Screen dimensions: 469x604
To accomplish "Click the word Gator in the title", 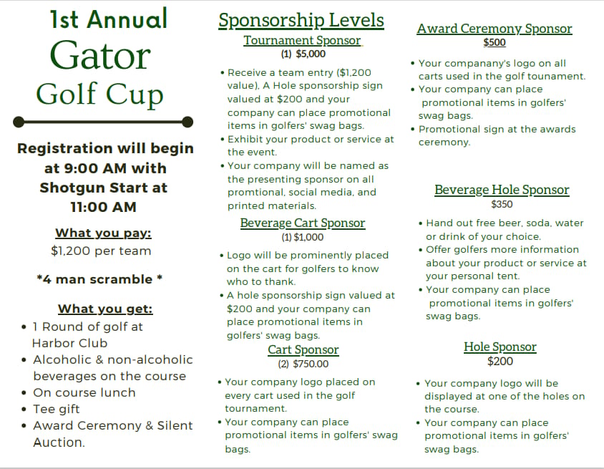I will [99, 56].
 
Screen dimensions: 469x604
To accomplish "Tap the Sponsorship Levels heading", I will [301, 20].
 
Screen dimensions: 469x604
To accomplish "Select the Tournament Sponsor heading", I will [302, 40].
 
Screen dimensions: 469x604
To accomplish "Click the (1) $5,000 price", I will [303, 54].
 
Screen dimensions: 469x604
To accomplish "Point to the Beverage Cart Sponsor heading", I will [303, 223].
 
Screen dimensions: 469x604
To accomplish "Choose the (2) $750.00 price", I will [303, 364].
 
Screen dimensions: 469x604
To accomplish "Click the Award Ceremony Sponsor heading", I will [495, 29].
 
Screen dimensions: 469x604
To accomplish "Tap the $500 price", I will [495, 42].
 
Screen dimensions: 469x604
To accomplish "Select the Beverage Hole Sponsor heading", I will [502, 190].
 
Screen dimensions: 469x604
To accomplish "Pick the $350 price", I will [502, 204].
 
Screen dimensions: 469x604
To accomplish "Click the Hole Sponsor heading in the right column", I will [500, 347].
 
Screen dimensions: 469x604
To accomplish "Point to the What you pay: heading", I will [103, 233].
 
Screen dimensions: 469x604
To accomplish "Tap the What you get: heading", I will [105, 309].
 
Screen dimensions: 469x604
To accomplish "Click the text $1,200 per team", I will [101, 251].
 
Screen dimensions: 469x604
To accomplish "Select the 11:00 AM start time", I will [103, 207].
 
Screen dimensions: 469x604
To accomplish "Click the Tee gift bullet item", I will [57, 409].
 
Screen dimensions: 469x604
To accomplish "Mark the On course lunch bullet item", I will [84, 392].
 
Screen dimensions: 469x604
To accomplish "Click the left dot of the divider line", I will [19, 121].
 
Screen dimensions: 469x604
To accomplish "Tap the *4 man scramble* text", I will [99, 279].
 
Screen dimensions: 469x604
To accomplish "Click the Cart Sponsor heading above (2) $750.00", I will [303, 350].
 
